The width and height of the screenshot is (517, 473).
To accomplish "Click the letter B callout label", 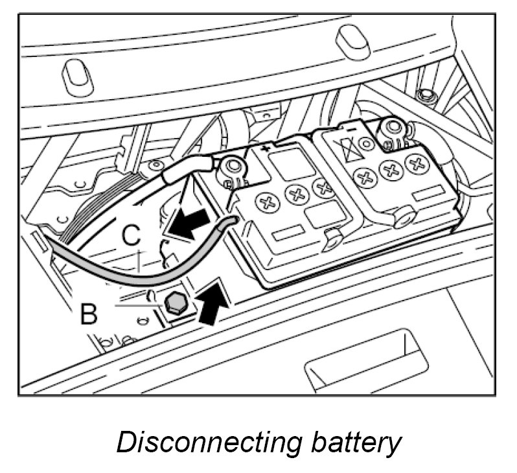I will pos(89,314).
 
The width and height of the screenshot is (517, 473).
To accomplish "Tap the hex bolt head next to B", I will pos(174,303).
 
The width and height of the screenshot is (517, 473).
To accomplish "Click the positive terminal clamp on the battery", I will pos(231,170).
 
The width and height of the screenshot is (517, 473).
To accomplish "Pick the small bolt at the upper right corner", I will pos(426,97).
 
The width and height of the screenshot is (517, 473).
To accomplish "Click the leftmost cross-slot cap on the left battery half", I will pos(266,203).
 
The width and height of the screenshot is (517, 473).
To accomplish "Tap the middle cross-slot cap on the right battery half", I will pos(390,170).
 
